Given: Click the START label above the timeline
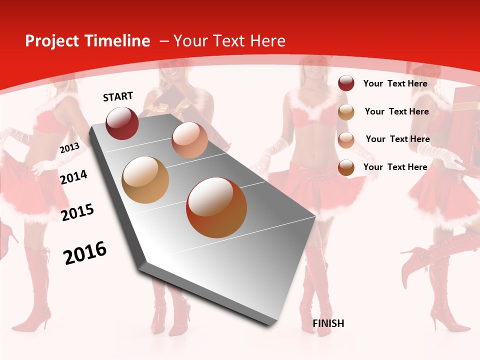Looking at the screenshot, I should coord(118,96).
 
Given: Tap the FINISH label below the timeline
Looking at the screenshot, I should coord(328,323).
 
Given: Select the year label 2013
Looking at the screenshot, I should coord(69,148).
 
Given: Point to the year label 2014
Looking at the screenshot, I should coord(74,177).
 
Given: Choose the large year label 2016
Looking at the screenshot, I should coord(85,253).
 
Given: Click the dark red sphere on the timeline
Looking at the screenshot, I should coord(122,123).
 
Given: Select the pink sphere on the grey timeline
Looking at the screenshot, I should coord(189,140).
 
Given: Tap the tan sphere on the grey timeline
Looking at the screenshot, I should coord(145,180).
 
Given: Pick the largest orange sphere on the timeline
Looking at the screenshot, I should coord(216,207).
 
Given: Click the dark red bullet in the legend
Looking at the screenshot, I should coord(346,83).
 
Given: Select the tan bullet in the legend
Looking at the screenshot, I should coord(346,112).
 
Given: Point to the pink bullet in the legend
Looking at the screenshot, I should coord(346,140).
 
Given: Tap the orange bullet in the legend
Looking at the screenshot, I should coord(346,167).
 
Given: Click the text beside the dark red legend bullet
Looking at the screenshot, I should coord(395,83).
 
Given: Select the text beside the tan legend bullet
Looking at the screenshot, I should coord(396,111).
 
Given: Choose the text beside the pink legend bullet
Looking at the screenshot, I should coord(397,139).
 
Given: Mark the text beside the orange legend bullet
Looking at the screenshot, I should coord(395,167).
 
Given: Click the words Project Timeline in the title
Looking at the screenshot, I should coord(87,41).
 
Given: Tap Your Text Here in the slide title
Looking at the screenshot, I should coord(229,41).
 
